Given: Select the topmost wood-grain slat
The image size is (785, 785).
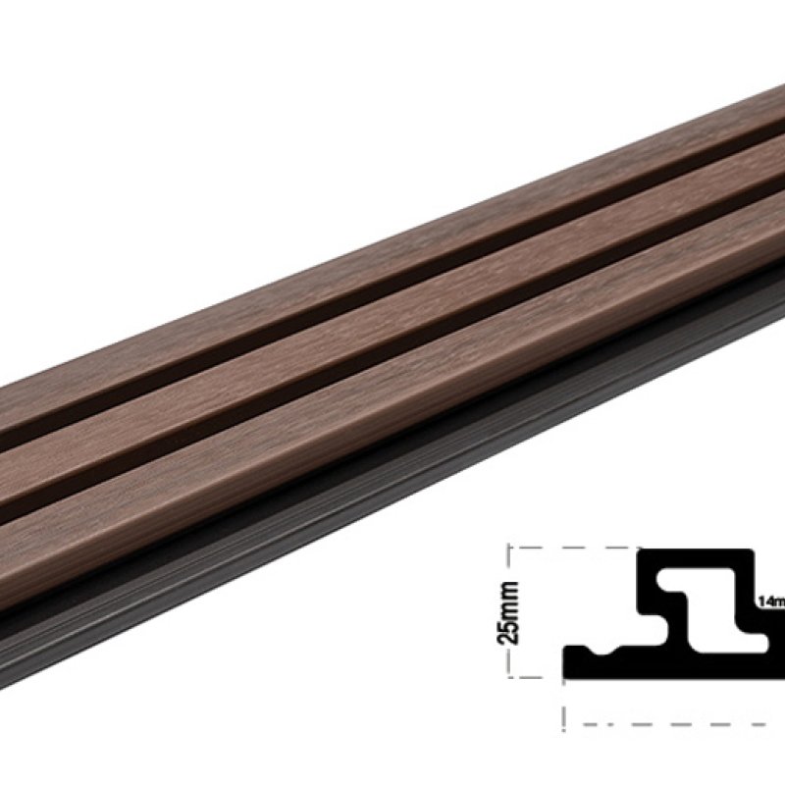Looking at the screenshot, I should [392, 245].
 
